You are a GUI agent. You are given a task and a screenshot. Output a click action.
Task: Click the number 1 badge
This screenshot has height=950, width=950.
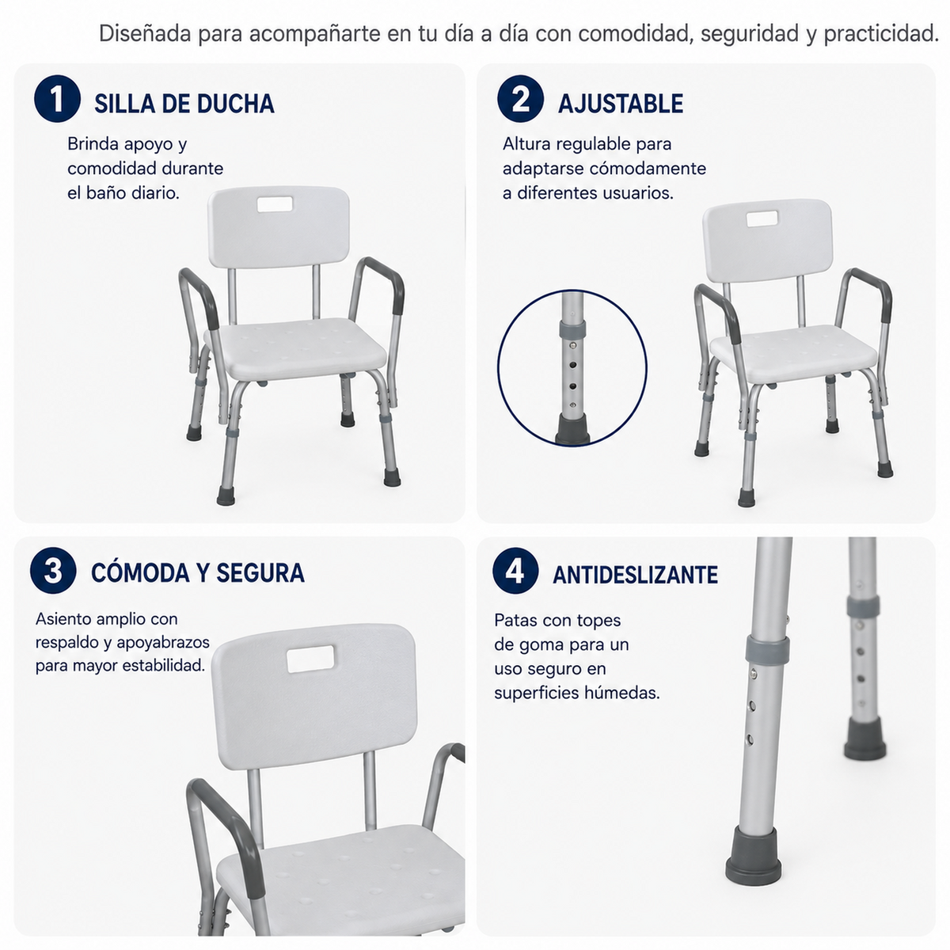click(57, 99)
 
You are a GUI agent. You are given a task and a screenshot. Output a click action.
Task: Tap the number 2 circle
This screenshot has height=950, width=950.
click(521, 99)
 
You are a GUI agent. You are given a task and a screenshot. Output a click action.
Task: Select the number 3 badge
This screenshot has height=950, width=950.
click(53, 570)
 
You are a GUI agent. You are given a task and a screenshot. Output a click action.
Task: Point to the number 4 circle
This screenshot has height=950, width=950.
click(515, 570)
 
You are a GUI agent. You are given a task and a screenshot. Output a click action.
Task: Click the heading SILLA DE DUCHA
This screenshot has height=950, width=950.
click(184, 104)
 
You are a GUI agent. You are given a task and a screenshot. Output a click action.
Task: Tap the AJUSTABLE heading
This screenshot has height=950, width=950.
click(621, 104)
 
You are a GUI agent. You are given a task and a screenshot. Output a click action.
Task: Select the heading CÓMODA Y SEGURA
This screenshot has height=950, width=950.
click(198, 572)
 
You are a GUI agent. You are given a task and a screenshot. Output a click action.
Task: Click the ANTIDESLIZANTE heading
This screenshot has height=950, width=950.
click(636, 574)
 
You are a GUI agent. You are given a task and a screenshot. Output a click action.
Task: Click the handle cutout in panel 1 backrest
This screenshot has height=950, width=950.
click(275, 203)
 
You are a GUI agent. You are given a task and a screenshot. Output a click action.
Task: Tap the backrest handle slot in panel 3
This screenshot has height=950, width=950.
click(310, 659)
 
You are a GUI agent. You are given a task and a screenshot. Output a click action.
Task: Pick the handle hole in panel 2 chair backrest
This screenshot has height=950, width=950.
click(762, 218)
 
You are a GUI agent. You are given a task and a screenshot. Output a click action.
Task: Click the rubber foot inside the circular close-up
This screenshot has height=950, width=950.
click(572, 430)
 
